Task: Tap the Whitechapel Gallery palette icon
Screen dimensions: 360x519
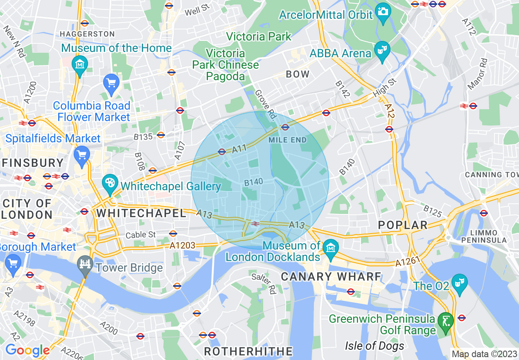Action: pos(109,184)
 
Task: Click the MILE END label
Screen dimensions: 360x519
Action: pos(288,140)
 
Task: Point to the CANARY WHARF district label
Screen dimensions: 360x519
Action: pos(331,277)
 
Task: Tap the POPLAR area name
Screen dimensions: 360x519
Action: pos(403,225)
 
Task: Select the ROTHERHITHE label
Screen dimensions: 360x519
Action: pos(248,351)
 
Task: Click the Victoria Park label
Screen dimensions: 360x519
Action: pos(259,36)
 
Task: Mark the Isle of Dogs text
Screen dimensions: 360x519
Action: pos(375,346)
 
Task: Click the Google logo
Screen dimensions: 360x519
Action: pos(27,350)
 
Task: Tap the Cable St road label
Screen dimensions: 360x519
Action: pos(141,235)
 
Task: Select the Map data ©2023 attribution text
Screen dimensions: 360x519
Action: pos(484,354)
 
